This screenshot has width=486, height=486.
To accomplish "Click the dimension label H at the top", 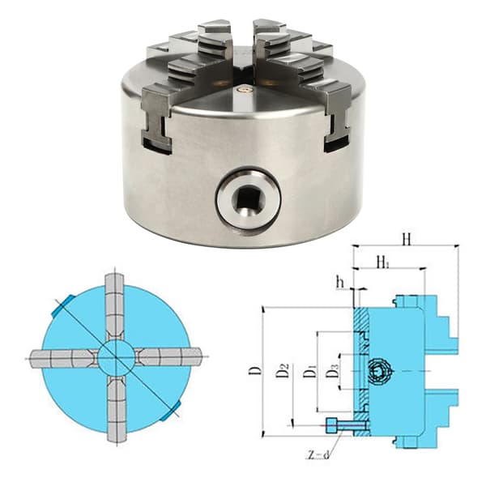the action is [407, 239].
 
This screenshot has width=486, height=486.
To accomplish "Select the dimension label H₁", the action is [383, 262].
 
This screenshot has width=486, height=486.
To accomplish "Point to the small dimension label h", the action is [341, 283].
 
